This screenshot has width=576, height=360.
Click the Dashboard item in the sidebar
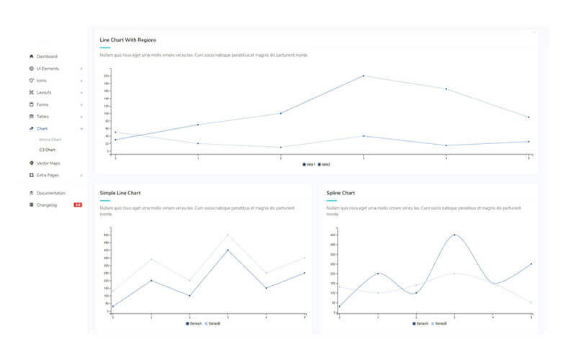pos(47,56)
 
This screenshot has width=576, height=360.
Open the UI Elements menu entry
pos(48,68)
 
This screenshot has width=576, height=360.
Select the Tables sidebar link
pos(42,116)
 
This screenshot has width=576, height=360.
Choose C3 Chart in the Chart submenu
pos(47,150)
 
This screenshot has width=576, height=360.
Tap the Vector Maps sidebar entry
pos(48,163)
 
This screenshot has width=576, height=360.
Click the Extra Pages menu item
pos(48,175)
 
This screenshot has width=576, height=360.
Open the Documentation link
pos(50,193)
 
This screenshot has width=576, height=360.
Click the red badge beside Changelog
pos(78,205)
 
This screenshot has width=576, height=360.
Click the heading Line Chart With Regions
pos(127,40)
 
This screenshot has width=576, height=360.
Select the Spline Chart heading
pos(340,193)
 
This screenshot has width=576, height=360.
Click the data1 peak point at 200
pos(363,76)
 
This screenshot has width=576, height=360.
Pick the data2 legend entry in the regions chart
pos(324,164)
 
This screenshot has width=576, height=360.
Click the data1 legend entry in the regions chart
pos(309,164)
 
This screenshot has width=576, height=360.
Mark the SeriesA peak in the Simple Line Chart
pos(228,250)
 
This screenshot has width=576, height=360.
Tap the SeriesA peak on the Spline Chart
pos(454,235)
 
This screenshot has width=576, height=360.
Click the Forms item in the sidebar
pos(42,104)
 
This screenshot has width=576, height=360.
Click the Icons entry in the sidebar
pos(42,80)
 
